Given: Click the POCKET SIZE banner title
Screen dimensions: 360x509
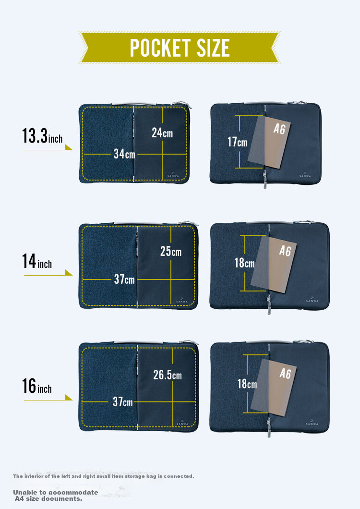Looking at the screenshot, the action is tap(180, 48).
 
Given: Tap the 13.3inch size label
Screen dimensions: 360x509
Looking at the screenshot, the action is tap(42, 136).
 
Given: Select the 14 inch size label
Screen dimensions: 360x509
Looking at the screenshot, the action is tap(37, 261).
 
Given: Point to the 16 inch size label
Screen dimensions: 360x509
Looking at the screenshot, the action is tap(37, 386).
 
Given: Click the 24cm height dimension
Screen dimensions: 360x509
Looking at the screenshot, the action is tap(162, 133).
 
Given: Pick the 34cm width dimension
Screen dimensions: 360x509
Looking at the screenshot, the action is tap(124, 154).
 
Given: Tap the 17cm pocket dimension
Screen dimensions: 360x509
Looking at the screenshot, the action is tap(237, 142).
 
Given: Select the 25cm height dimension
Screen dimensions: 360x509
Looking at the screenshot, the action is tap(171, 251).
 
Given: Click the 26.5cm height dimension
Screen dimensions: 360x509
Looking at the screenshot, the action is tap(168, 375).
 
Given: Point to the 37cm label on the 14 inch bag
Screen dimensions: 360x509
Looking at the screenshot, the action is tap(124, 279).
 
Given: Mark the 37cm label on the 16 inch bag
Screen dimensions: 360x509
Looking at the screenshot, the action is tap(123, 402).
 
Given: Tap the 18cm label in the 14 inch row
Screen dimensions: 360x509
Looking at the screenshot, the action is tap(244, 263).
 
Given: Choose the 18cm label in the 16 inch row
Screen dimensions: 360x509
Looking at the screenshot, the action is tap(247, 384).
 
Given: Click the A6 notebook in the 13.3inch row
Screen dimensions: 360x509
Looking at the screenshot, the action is tap(269, 142).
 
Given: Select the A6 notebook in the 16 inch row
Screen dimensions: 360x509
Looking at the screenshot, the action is tap(274, 387).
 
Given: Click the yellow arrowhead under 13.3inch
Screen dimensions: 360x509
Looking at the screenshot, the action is tap(69, 147).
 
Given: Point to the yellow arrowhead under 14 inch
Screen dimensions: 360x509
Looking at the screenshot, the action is tap(69, 273).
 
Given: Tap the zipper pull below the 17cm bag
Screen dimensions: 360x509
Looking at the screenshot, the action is tap(265, 180).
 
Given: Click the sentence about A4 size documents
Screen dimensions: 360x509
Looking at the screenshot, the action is tap(56, 496).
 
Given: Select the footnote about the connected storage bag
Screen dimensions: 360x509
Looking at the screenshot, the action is tap(104, 476).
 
